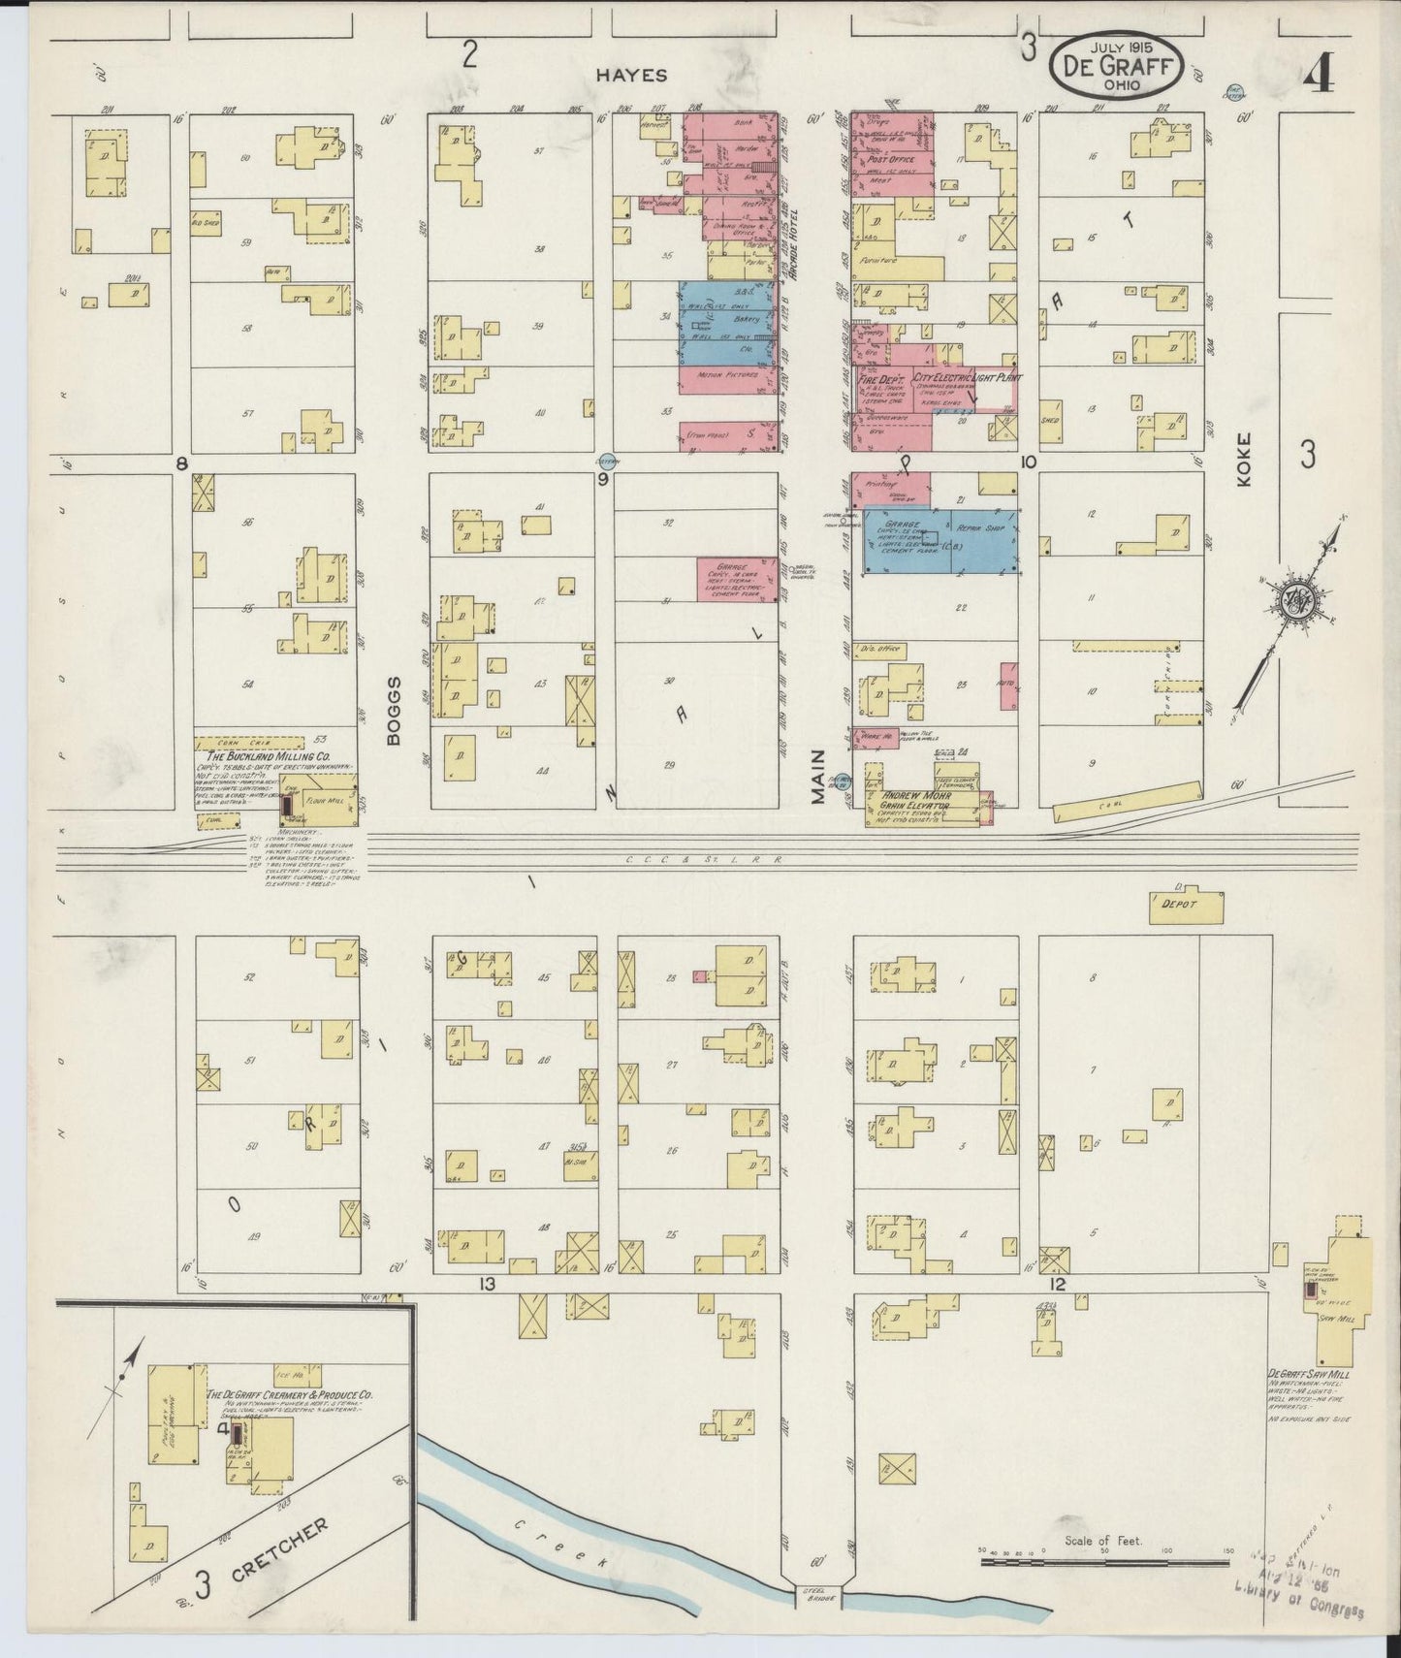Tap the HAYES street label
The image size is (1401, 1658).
[620, 74]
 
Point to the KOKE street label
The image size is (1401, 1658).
[1245, 459]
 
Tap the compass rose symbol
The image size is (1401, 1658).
[1299, 600]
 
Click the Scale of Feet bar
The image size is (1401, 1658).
[1104, 1561]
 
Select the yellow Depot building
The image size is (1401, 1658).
[1185, 904]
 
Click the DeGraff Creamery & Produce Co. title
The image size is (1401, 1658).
[289, 1394]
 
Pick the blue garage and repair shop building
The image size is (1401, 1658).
[939, 541]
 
